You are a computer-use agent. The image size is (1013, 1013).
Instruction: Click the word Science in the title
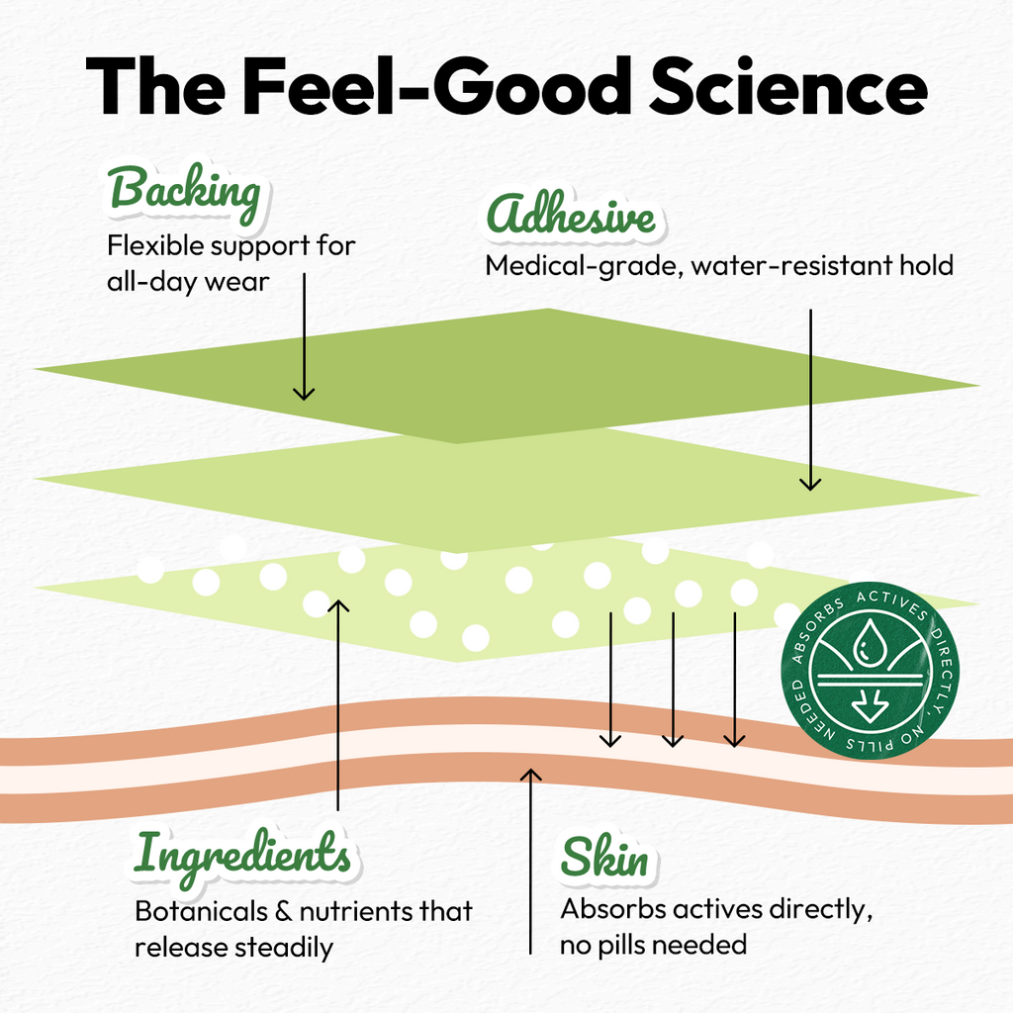coord(788,86)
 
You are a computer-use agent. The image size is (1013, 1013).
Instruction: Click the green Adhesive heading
coord(571,214)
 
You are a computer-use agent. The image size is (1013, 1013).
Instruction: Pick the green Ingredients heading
coord(242,857)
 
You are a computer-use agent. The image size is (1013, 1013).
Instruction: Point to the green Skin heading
coord(604,857)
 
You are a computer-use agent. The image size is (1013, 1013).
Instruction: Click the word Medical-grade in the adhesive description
coord(584,266)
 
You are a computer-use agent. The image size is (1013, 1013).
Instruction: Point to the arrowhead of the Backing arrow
coord(304,393)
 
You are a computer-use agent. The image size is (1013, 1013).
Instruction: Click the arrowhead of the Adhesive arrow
coord(810,483)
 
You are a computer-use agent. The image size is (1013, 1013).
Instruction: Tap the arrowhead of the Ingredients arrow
coord(338,606)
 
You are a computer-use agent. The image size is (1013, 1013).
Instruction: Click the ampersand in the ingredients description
coord(284,911)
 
